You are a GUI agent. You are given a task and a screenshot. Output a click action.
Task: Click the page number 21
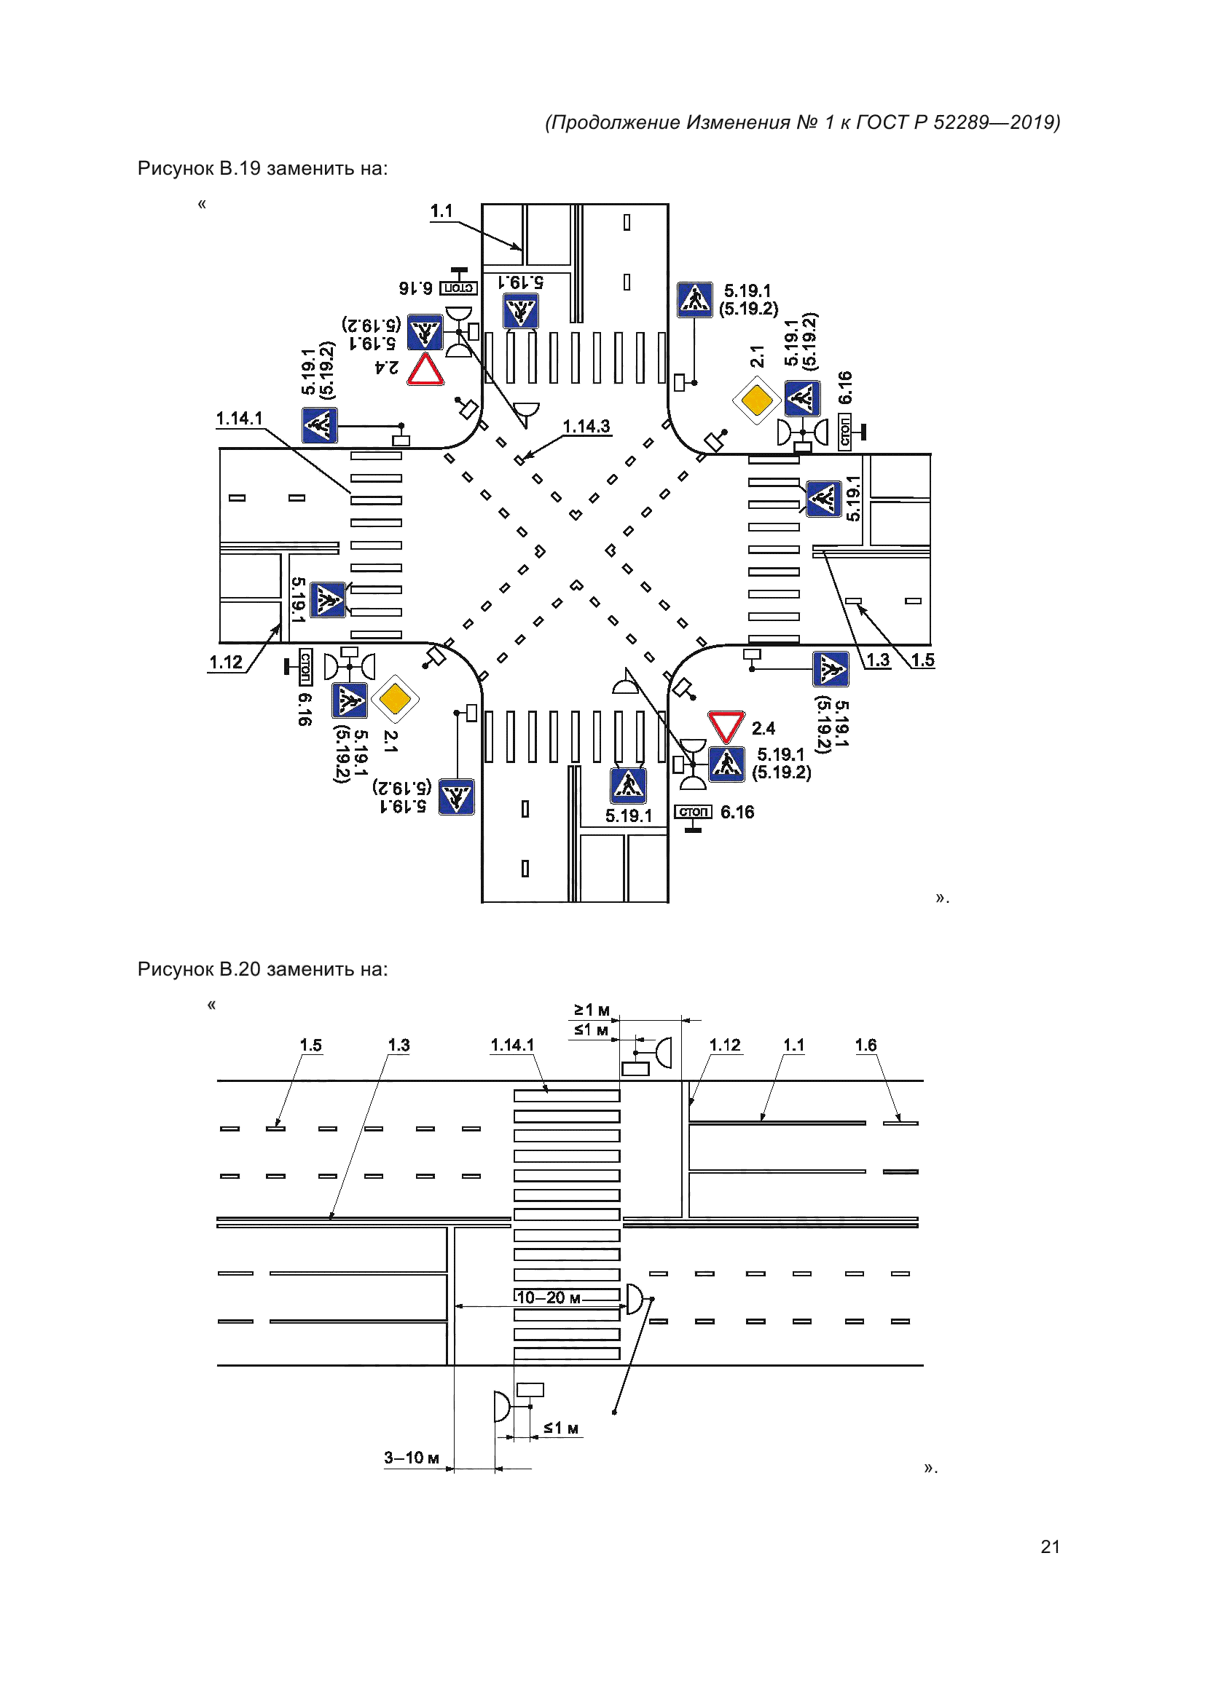(x=1050, y=1546)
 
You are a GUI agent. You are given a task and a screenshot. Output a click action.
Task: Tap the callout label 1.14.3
(x=586, y=427)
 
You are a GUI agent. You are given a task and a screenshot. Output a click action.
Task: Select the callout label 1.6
(x=866, y=1045)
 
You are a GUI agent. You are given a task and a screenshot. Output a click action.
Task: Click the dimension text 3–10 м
(x=411, y=1458)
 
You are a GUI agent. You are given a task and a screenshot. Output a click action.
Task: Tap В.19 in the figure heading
(x=240, y=168)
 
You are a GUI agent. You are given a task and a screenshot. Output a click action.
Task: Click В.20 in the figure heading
(x=240, y=969)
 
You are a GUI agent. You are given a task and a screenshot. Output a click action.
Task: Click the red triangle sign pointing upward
(x=426, y=368)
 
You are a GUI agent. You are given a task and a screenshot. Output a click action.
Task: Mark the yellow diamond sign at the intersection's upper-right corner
(x=756, y=400)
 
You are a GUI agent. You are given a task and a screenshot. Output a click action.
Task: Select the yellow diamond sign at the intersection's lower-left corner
(x=395, y=699)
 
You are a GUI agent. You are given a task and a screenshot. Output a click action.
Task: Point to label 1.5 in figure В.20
(x=311, y=1045)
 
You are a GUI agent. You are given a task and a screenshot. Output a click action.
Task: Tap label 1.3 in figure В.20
(x=399, y=1045)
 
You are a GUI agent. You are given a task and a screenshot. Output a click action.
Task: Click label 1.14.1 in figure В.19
(x=239, y=419)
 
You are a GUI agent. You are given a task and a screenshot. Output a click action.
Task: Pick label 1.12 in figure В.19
(x=226, y=662)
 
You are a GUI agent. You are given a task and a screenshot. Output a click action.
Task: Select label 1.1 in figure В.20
(x=794, y=1045)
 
